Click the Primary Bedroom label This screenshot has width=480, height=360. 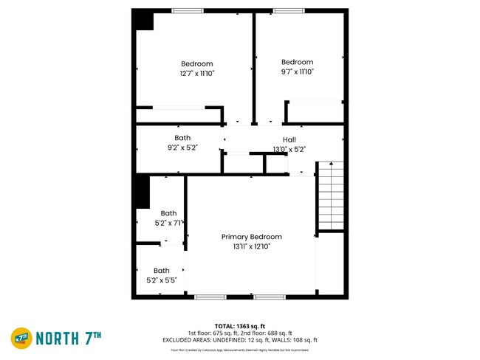[251, 237]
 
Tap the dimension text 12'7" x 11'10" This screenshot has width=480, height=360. [196, 73]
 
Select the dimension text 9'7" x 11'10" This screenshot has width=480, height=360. [297, 72]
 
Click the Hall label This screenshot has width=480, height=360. [289, 139]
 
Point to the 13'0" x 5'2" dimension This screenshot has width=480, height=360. [289, 149]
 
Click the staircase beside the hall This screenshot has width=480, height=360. [331, 195]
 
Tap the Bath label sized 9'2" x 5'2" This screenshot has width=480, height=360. [182, 138]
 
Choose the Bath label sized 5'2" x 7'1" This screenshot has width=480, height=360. [169, 213]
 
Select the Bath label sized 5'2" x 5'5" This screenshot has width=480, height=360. [162, 271]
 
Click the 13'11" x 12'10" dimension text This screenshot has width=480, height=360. [251, 246]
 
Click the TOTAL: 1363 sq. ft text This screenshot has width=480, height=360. [240, 325]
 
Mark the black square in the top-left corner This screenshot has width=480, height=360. [143, 21]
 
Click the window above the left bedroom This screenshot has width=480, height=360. [188, 10]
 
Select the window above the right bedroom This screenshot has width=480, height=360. [288, 10]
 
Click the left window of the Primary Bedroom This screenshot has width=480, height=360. [210, 297]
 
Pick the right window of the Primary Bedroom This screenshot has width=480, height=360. [270, 297]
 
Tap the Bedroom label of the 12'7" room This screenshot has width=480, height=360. [196, 63]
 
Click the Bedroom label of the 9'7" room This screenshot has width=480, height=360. [297, 62]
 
